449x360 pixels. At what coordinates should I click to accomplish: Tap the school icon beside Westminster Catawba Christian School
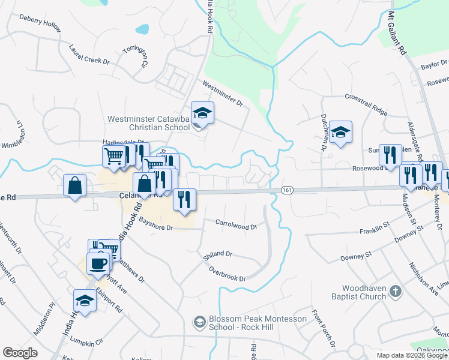pos(202,112)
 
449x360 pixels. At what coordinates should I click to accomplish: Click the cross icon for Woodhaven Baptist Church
pos(395,292)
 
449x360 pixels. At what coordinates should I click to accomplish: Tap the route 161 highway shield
pos(286,190)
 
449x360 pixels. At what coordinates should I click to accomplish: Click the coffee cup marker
pos(98,262)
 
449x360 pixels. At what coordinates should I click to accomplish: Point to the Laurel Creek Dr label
pos(89,53)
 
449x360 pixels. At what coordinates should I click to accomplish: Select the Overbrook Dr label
pos(228,274)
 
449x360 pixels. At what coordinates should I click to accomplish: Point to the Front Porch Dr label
pos(322,329)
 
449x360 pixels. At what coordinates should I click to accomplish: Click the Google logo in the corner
pos(20,353)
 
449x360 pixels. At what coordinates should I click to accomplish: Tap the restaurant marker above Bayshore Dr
pos(184,199)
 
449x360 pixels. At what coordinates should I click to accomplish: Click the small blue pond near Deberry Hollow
pos(142,29)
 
